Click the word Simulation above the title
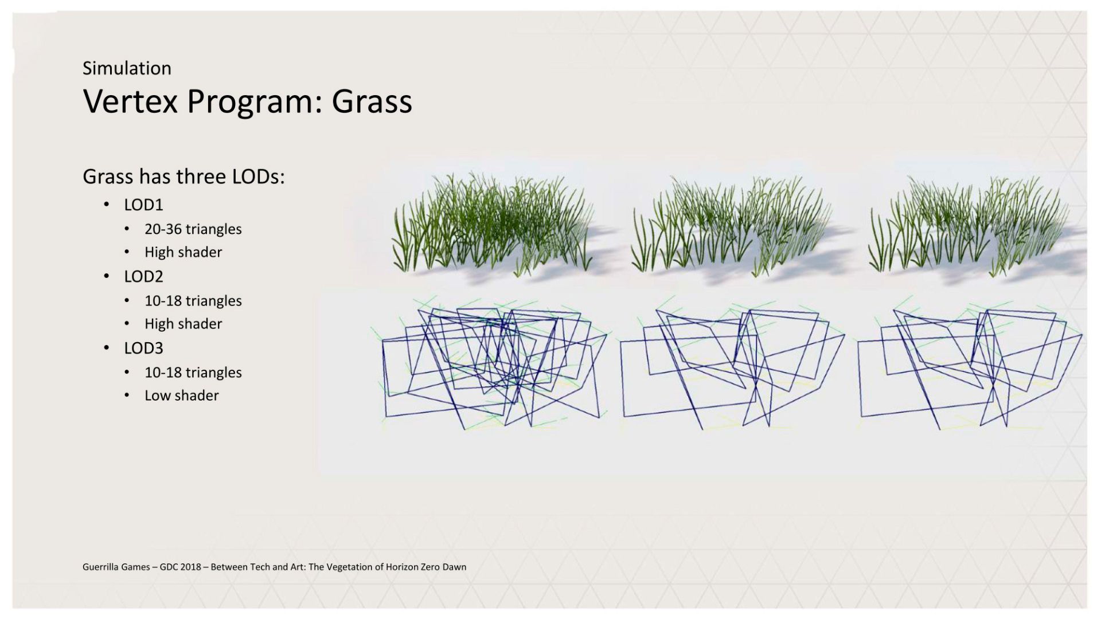[x=127, y=68]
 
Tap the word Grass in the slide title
[x=372, y=101]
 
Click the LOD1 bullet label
[x=143, y=205]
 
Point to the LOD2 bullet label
[x=143, y=276]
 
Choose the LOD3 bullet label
[x=143, y=348]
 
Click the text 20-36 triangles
[x=193, y=229]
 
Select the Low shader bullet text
[x=182, y=395]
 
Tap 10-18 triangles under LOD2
[x=193, y=301]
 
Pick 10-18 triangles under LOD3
[x=193, y=373]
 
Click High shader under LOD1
[x=183, y=252]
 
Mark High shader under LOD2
[x=183, y=324]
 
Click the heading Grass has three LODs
[x=183, y=177]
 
